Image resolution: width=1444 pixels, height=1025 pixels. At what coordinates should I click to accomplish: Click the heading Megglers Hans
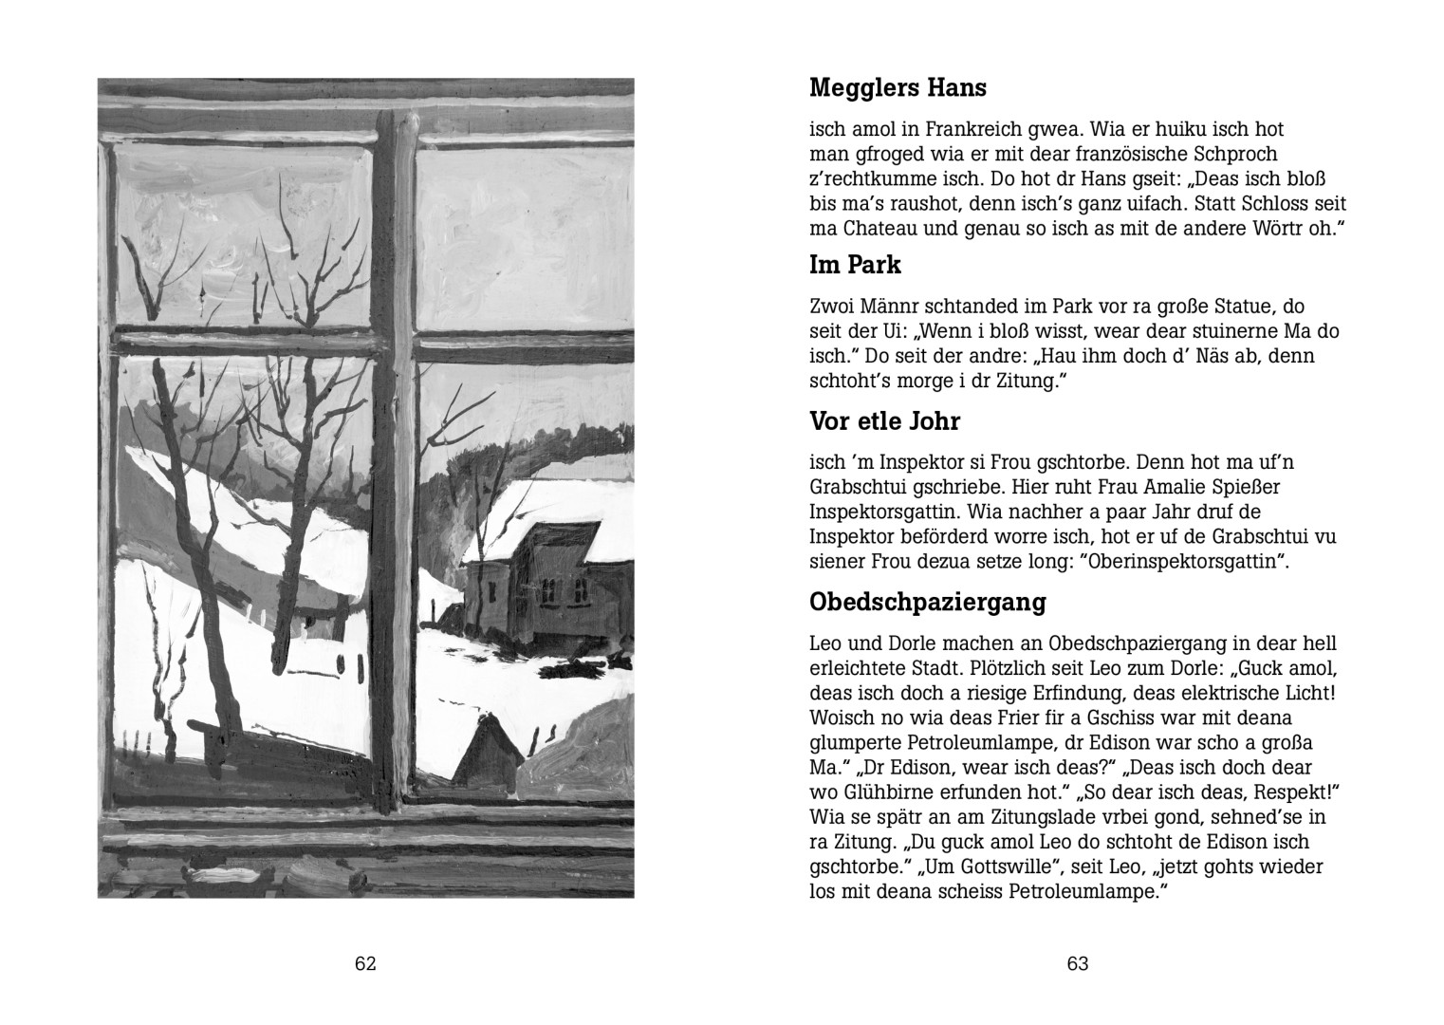tap(898, 88)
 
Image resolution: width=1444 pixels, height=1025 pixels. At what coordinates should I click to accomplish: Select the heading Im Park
tap(855, 265)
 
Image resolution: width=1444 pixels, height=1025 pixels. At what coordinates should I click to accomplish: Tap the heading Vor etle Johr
tap(884, 420)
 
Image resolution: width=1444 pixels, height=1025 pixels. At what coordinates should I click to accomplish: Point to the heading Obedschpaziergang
tap(927, 602)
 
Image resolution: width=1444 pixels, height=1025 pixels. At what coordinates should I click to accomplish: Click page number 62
tap(366, 964)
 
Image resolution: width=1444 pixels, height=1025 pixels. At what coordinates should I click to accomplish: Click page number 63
tap(1078, 964)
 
